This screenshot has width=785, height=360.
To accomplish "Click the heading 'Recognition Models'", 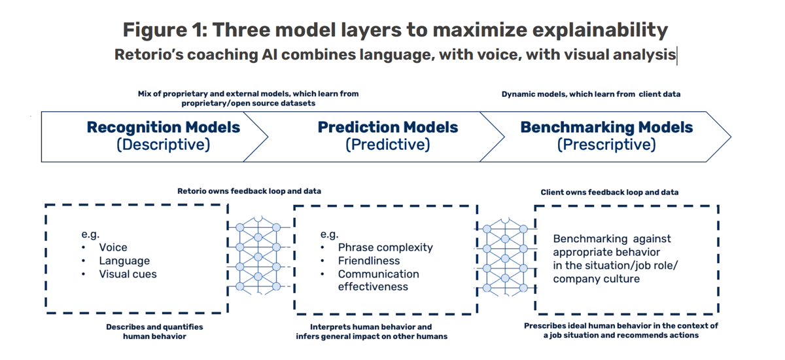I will point(163,127).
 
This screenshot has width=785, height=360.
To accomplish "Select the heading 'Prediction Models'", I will point(387,127).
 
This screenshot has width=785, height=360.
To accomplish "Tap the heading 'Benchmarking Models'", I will point(606,127).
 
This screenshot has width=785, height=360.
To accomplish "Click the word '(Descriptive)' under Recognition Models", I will point(163,145).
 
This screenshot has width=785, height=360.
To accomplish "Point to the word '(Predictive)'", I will point(387,145).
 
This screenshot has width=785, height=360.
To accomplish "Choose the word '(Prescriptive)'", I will point(606,145).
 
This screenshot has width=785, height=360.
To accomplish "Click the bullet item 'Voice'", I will point(113,247).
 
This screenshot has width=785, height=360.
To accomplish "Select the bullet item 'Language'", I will point(124,261).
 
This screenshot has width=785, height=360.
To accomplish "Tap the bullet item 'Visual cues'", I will point(128,274).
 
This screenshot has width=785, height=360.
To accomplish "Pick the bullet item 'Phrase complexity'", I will point(385,247).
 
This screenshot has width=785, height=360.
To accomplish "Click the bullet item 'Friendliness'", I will point(369,261).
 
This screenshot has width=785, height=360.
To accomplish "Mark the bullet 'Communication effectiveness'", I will point(378,280).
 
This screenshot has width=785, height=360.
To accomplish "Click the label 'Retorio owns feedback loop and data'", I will point(249,191).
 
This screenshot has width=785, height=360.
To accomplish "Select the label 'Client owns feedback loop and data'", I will point(609,192).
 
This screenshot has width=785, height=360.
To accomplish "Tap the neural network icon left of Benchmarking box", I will point(504,257).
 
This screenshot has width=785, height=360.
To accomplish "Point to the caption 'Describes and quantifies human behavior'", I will point(154,331).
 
